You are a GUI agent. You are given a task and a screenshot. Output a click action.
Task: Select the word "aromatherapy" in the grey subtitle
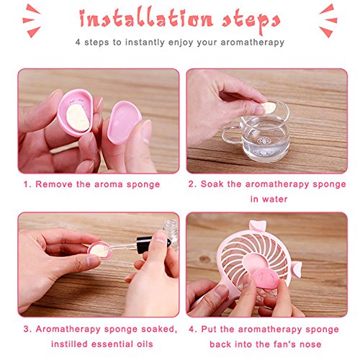coord(253,42)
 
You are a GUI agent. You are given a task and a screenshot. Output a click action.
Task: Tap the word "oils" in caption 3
coord(144,344)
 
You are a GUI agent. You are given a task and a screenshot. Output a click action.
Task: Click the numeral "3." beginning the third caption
coord(27,329)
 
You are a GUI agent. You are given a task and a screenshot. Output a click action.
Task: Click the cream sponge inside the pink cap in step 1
coord(78,118)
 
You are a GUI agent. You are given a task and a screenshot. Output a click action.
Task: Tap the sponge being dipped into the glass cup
coord(269,108)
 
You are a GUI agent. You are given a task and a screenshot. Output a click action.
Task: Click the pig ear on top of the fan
coord(257,226)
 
